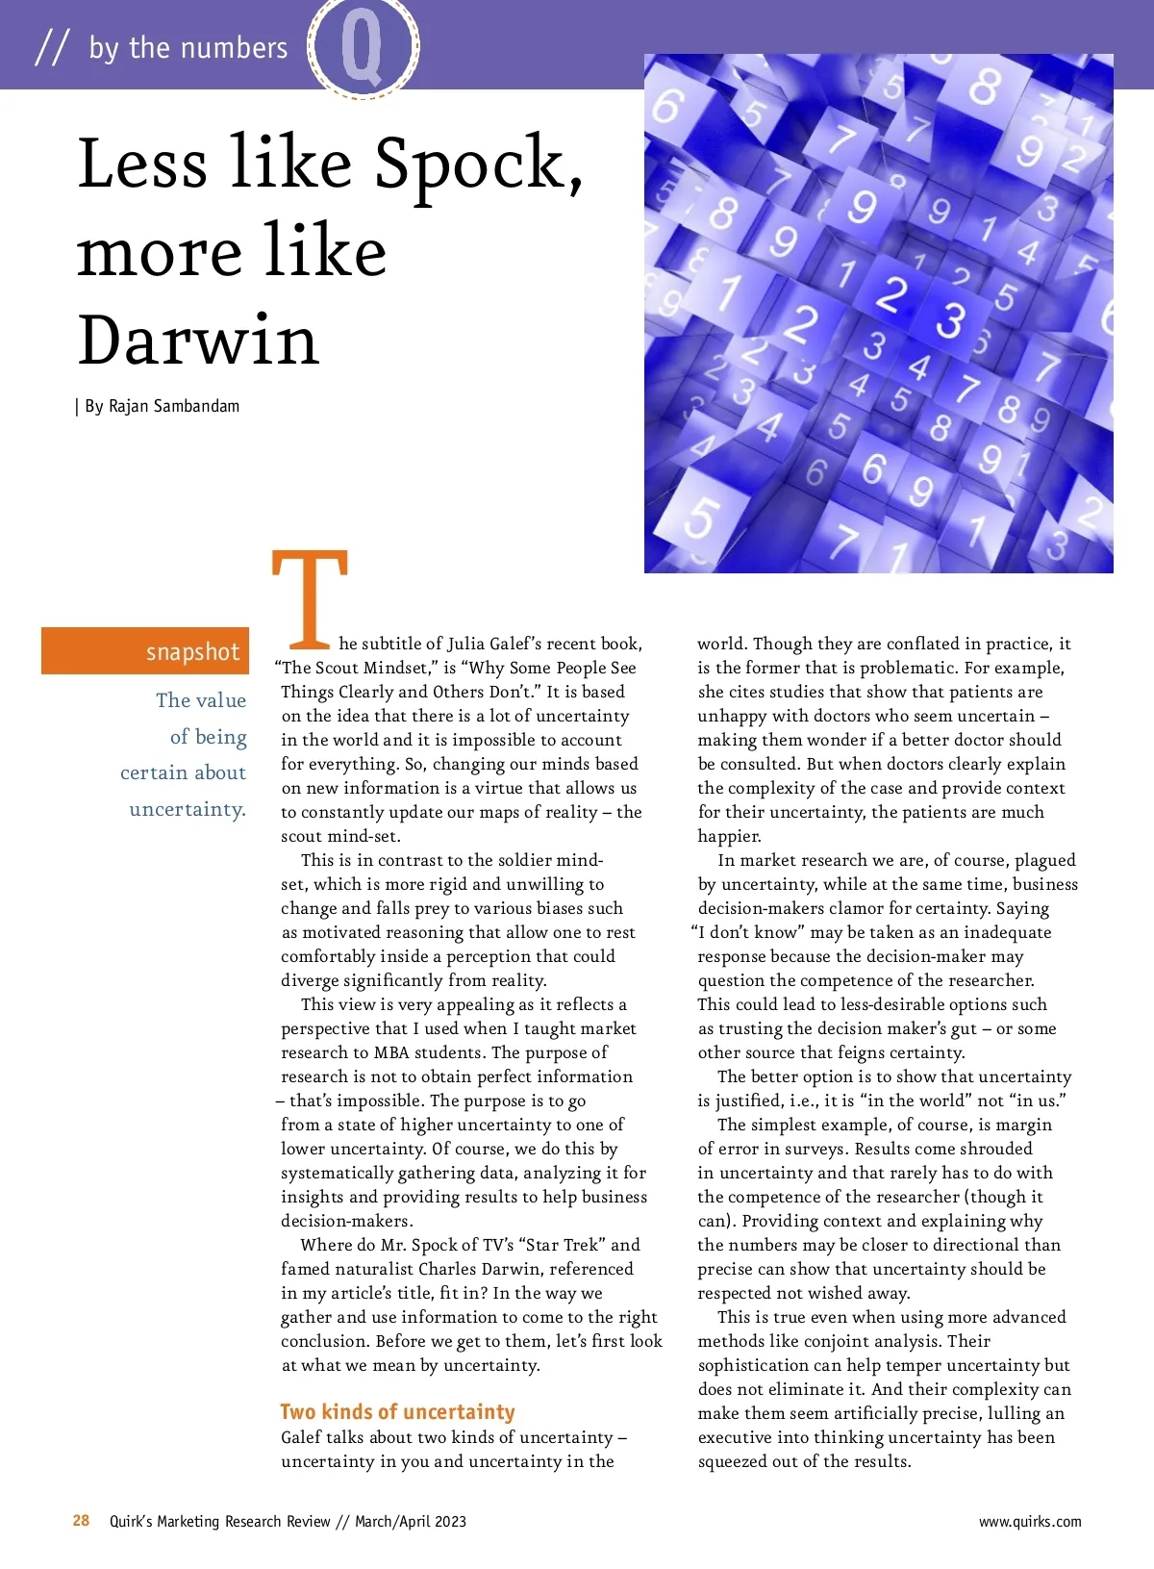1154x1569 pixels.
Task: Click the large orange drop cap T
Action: (x=310, y=598)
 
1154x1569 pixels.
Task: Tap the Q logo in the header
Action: (x=363, y=47)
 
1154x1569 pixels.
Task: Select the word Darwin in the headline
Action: (x=197, y=341)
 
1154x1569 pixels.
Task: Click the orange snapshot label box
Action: (x=145, y=651)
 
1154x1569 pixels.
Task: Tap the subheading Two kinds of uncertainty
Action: (x=397, y=1411)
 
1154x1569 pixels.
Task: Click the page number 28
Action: (x=81, y=1521)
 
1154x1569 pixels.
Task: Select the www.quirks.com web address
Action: (x=1029, y=1522)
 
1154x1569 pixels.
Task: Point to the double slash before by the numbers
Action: (x=52, y=47)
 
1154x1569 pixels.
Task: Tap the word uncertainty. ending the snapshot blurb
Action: (x=188, y=809)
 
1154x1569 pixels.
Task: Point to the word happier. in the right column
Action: (x=730, y=836)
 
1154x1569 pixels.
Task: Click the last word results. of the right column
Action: (x=881, y=1461)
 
